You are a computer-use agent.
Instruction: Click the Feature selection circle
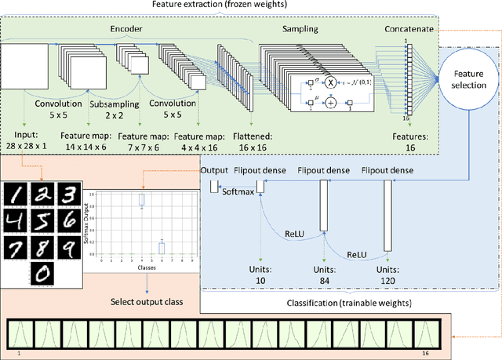tap(464, 78)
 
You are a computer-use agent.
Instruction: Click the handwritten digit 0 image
tap(43, 275)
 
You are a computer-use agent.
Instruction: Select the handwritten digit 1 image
tap(16, 196)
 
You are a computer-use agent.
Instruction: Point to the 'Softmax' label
tap(238, 189)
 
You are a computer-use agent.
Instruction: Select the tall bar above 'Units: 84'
tap(322, 205)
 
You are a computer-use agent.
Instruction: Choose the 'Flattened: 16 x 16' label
tap(249, 141)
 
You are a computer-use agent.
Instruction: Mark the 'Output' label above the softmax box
tap(213, 169)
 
